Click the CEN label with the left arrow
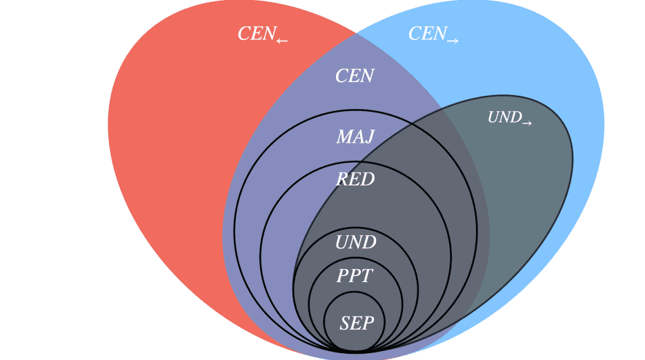[x=262, y=34]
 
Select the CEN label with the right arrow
[x=433, y=34]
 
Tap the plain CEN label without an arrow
[x=355, y=76]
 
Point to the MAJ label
[x=355, y=137]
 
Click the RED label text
[x=355, y=180]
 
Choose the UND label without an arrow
[x=356, y=243]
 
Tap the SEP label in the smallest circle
[x=357, y=323]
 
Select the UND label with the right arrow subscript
[x=510, y=118]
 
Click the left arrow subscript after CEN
[x=281, y=41]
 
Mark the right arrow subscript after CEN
[x=453, y=41]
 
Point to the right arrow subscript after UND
[x=527, y=123]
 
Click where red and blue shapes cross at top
[x=356, y=32]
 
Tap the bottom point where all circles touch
[x=355, y=352]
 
